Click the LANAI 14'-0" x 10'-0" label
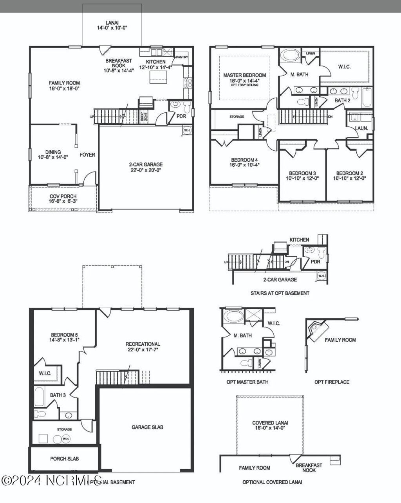coord(112,25)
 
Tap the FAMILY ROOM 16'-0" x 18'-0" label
coord(64,85)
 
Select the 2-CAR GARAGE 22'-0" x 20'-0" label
coord(146,167)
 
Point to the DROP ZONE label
coord(143,118)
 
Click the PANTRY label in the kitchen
coord(182,57)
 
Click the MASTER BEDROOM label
coord(244,78)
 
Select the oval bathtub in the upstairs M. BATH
coord(291,55)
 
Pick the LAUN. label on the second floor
coord(361,128)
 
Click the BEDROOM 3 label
coord(302,175)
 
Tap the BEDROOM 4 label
coord(245,162)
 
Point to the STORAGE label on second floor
coord(237,117)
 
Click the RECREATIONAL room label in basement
coord(143,347)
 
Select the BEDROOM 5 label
coord(64,337)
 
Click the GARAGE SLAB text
coord(147,427)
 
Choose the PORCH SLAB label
coord(64,458)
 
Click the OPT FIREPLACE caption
coord(332,382)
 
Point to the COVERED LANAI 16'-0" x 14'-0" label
coord(270,425)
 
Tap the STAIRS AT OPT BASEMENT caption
coord(280,293)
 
